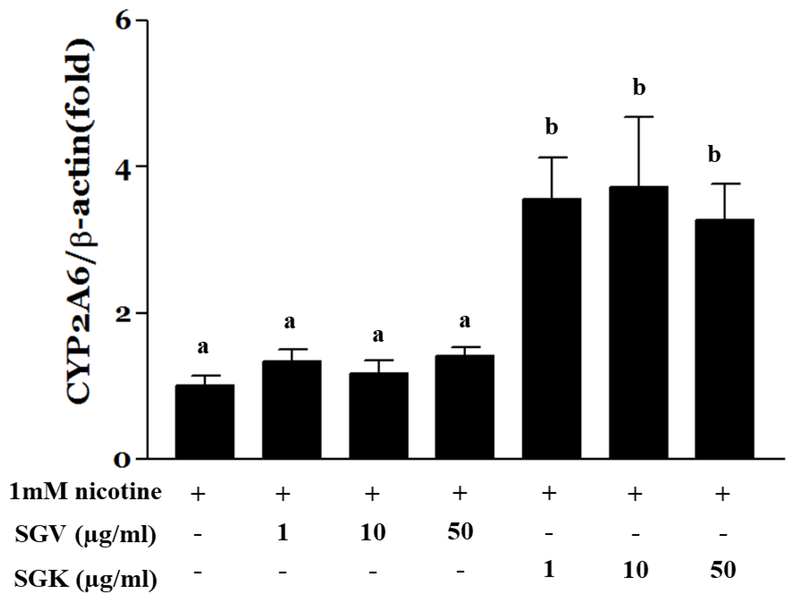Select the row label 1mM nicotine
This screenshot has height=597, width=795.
point(85,492)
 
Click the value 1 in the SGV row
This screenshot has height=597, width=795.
point(283,533)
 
